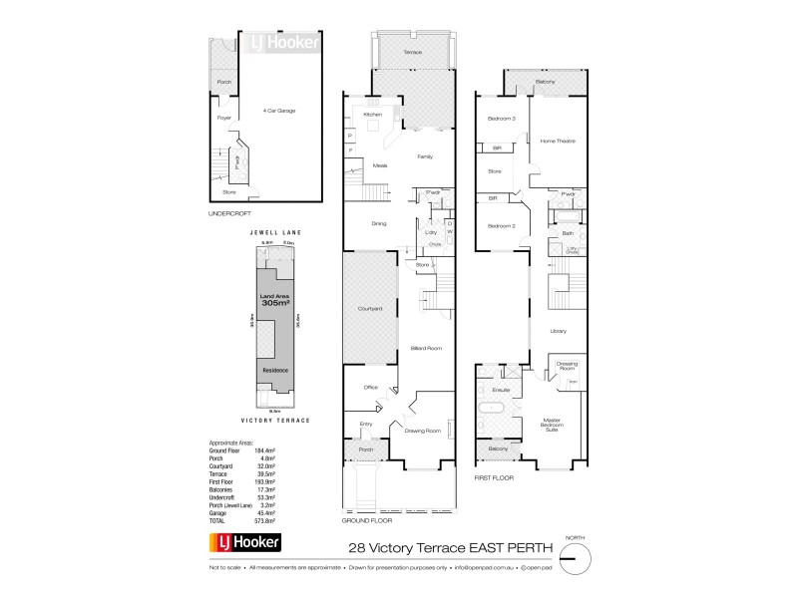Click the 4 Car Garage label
click(x=278, y=111)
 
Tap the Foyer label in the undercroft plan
click(x=223, y=118)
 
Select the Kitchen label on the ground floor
click(x=372, y=115)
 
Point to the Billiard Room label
click(x=426, y=348)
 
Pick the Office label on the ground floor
click(x=369, y=387)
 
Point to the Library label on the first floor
click(x=558, y=330)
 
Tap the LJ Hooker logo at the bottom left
click(x=244, y=543)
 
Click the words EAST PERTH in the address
click(x=499, y=547)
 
